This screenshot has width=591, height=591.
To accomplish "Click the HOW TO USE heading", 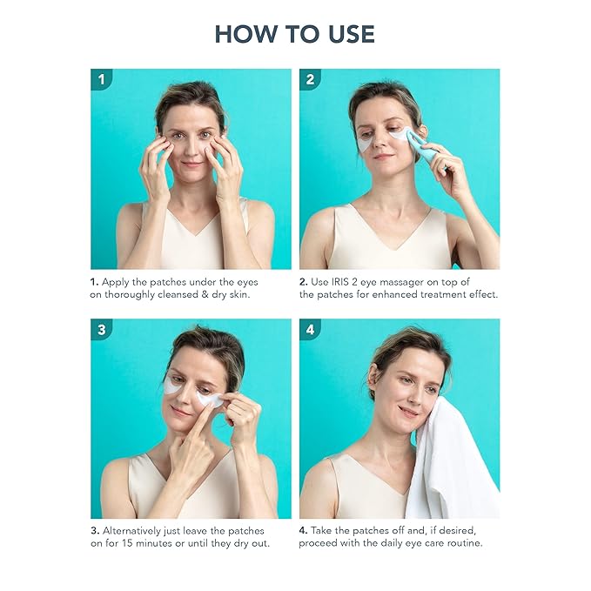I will pos(295,34).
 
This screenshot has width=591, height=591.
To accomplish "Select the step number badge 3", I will pos(103,330).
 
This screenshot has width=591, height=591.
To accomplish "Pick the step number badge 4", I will pos(311,330).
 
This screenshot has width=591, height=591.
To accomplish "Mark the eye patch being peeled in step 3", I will pos(210,399).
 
